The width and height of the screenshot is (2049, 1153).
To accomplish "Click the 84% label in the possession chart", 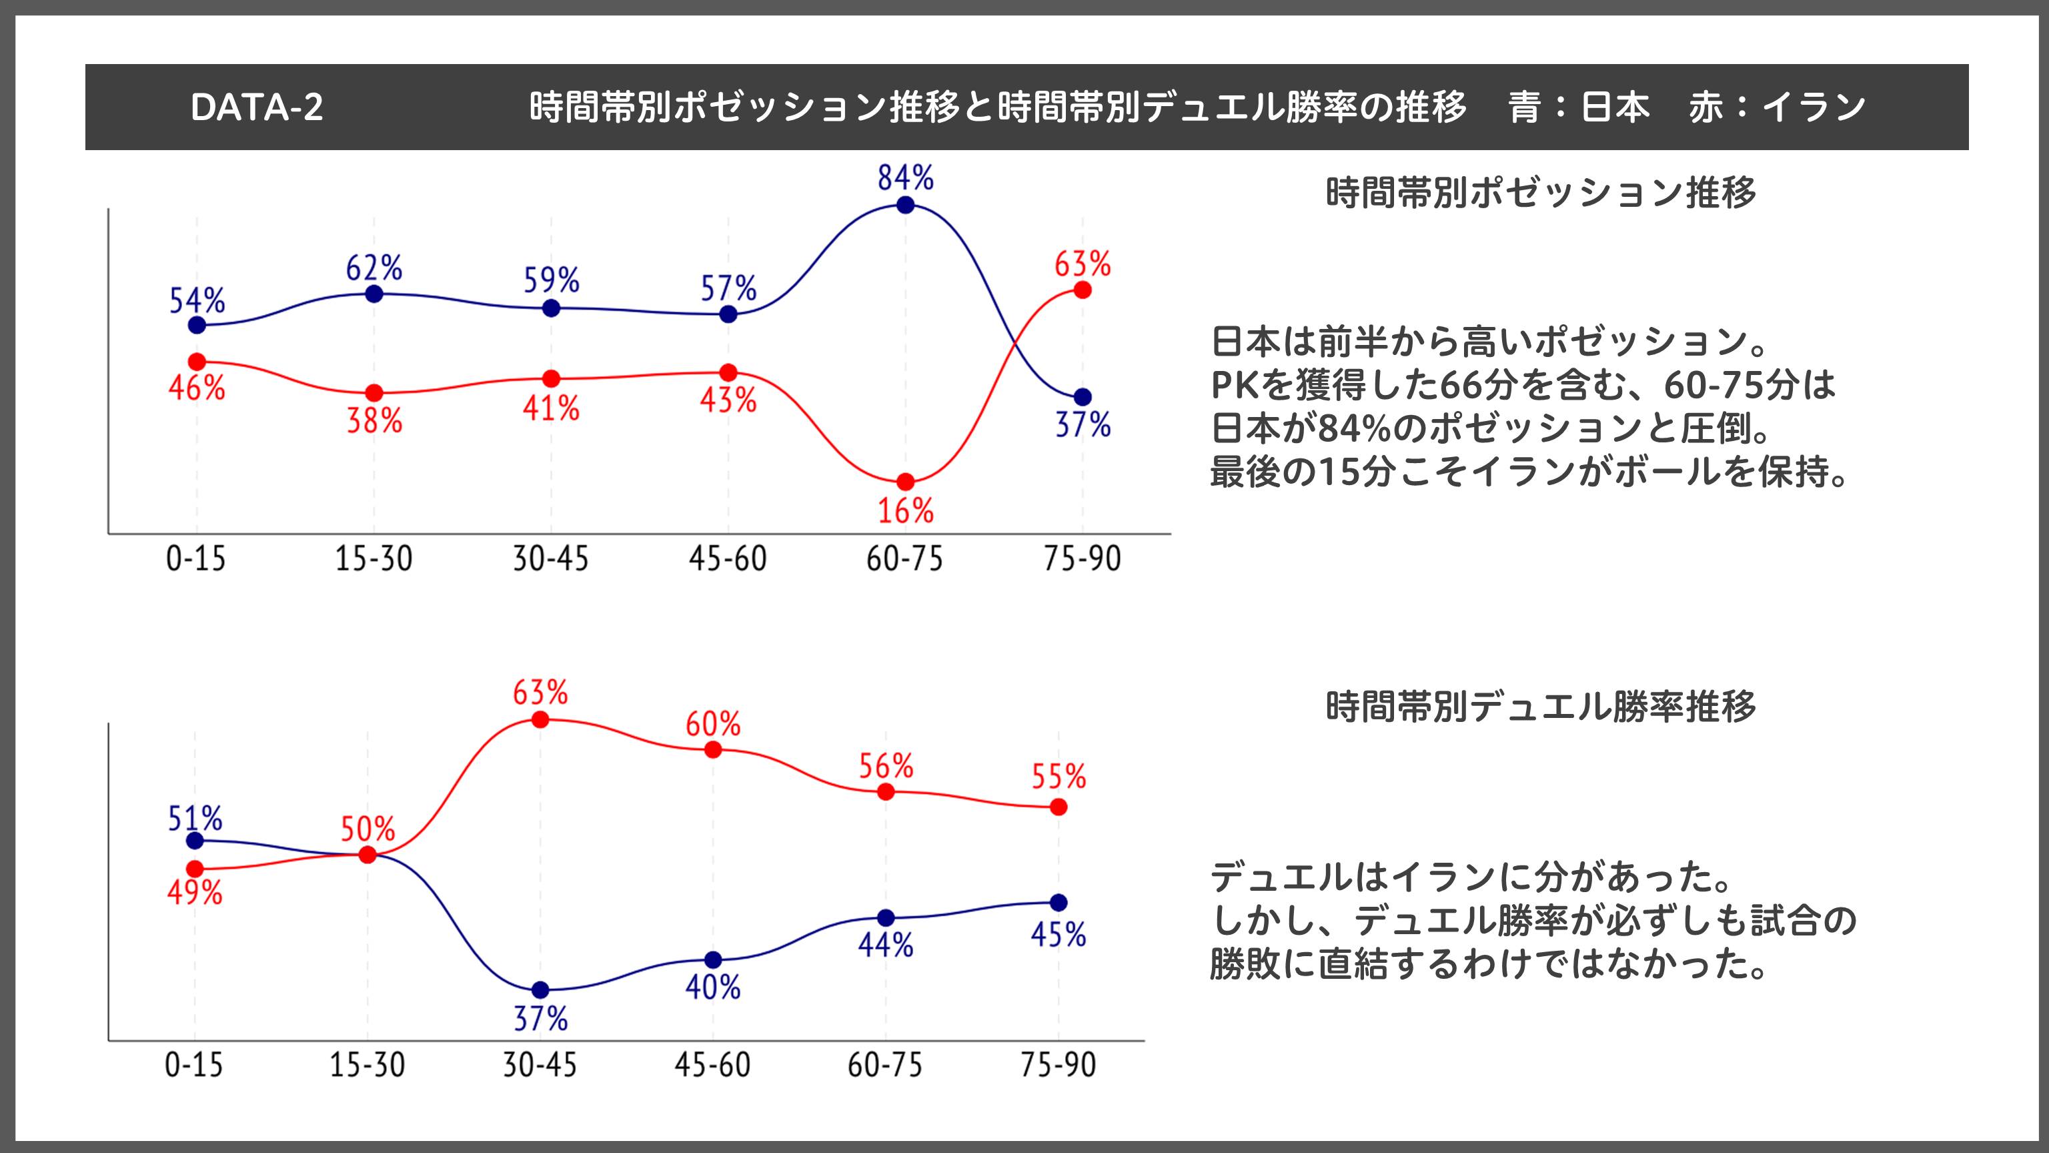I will pos(905,177).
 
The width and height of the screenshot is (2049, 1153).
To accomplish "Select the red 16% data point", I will pos(905,482).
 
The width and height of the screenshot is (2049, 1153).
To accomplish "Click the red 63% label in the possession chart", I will pos(1083,264).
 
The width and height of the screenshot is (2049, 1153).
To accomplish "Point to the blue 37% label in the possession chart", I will pos(1083,425).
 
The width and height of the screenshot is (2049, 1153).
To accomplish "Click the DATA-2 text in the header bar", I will pos(257,107).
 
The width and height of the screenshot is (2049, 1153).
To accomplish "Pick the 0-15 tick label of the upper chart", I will pos(195,558).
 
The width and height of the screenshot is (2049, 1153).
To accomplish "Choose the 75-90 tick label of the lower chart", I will pos(1058,1065).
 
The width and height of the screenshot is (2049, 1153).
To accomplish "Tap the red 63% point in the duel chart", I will pos(540,719).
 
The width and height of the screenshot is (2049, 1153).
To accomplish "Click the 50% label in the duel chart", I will pos(368,829).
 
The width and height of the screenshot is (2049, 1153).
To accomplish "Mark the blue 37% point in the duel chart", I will pos(540,990).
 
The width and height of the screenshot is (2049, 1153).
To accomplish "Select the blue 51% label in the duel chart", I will pos(195,818).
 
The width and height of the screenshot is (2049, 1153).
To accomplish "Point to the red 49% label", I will pos(195,893).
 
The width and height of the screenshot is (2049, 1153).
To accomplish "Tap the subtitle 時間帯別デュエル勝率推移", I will pos(1541,707).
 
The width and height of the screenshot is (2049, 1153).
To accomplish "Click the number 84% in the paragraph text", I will pos(1355,429).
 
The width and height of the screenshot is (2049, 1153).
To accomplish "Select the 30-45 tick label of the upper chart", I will pos(550,558).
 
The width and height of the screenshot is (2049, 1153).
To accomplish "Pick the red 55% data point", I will pos(1058,807).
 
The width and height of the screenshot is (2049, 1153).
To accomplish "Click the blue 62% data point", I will pos(374,294).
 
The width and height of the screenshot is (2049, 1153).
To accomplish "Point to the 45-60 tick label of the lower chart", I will pos(713,1065).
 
